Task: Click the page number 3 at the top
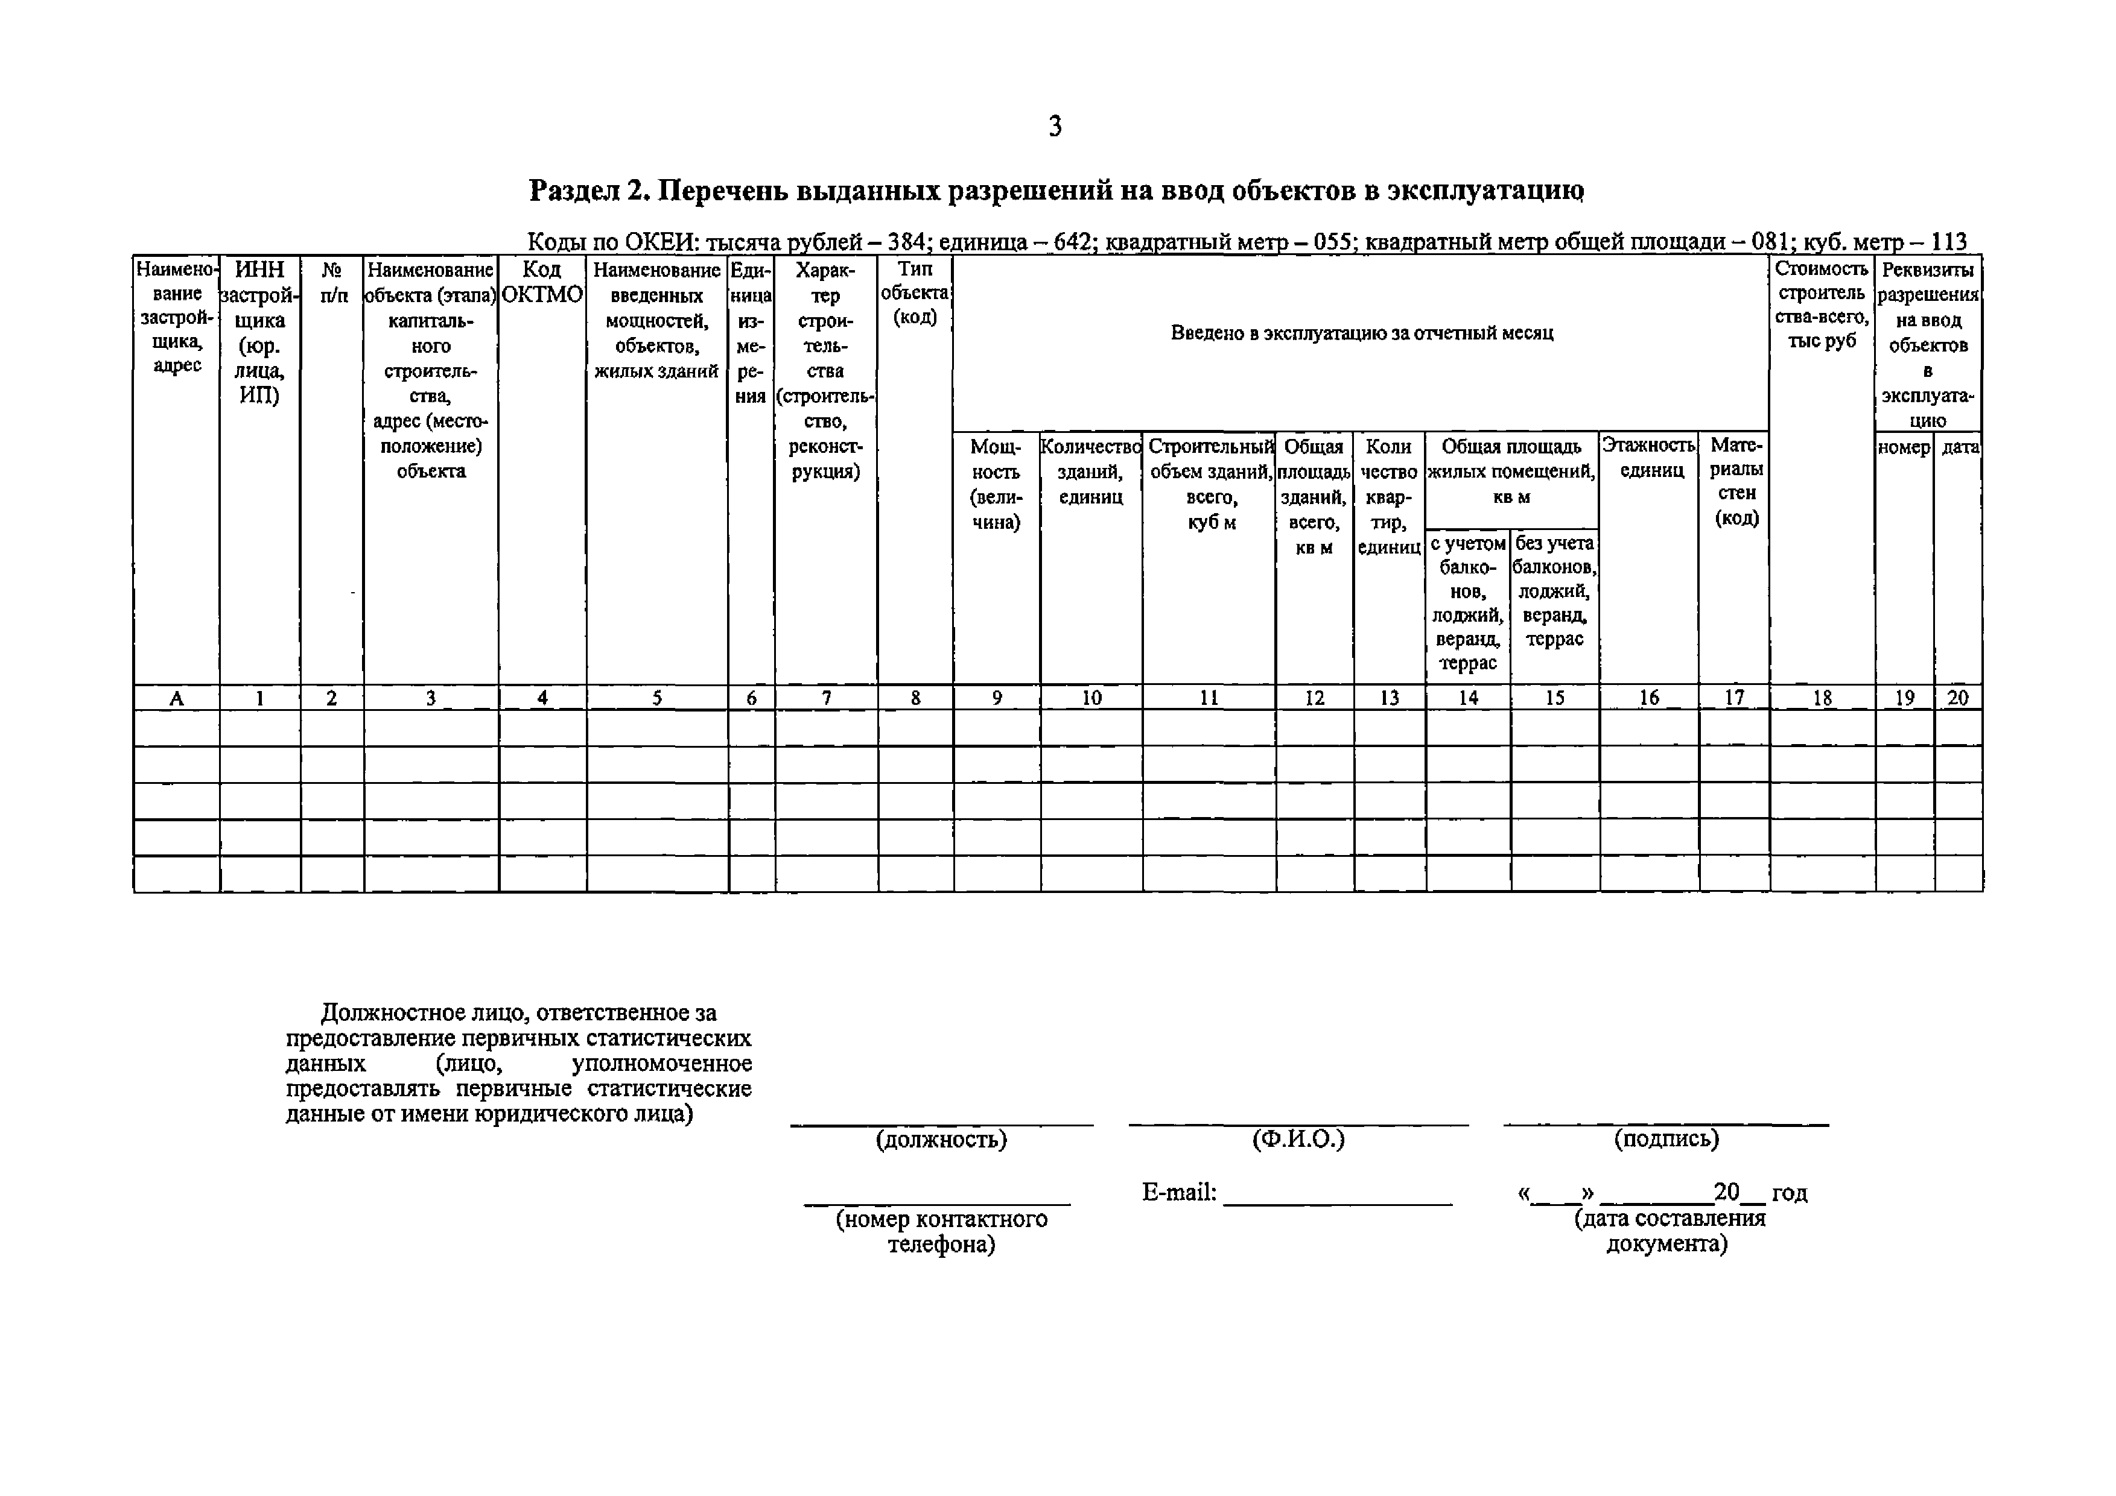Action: tap(1055, 126)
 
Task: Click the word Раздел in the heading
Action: tap(574, 191)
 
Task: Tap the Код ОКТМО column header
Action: tap(542, 282)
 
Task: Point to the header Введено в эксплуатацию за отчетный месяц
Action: tap(1361, 333)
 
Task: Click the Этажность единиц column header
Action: tap(1648, 458)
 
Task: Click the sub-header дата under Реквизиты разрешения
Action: tap(1959, 447)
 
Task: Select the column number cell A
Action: tap(176, 698)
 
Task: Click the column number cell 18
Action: tap(1822, 698)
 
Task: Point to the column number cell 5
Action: tap(656, 698)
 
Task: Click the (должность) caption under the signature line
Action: tap(941, 1140)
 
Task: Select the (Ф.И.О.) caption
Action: tap(1298, 1140)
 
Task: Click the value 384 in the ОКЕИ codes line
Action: tap(906, 242)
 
